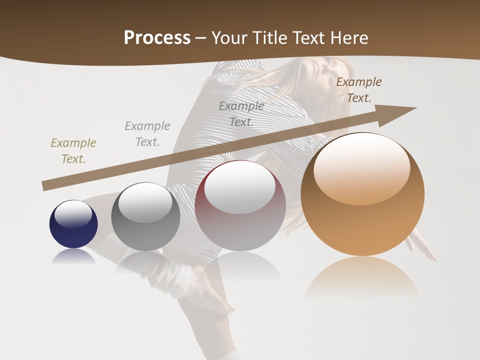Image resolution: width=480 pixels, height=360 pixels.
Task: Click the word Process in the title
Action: (157, 38)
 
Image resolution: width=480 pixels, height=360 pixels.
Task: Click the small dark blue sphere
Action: (73, 224)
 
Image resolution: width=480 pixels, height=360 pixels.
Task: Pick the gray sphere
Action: (145, 216)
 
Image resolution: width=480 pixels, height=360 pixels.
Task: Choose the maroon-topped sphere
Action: (240, 206)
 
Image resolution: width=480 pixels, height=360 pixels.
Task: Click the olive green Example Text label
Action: (73, 151)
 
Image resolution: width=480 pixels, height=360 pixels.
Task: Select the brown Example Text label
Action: (359, 90)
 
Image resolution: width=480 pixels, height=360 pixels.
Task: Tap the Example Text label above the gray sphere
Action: (147, 134)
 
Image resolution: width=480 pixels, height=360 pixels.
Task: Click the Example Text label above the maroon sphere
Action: (241, 114)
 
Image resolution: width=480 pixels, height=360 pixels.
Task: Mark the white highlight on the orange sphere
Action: (361, 169)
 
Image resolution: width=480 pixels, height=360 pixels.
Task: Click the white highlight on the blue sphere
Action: (73, 213)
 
